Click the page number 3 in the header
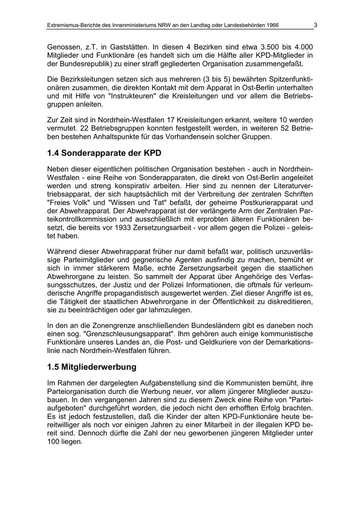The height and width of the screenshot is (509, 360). (316, 25)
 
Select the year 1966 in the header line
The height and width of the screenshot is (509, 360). (272, 25)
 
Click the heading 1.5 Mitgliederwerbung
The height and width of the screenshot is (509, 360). (92, 367)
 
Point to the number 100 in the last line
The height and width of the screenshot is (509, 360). (53, 442)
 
